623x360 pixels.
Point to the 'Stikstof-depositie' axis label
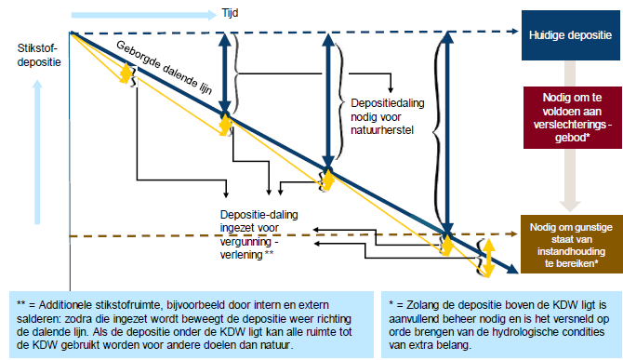pyautogui.click(x=38, y=56)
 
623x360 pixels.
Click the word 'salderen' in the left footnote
pyautogui.click(x=40, y=317)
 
